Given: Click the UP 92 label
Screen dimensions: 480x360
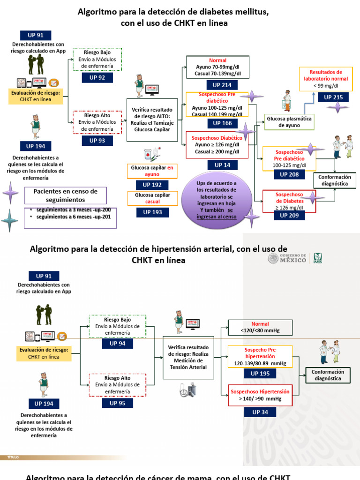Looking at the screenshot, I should pyautogui.click(x=97, y=77).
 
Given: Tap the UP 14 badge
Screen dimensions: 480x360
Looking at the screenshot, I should pyautogui.click(x=218, y=165).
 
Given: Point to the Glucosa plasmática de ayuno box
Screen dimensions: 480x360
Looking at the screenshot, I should pyautogui.click(x=289, y=122).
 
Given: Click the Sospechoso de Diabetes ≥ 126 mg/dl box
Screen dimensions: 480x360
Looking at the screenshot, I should pyautogui.click(x=289, y=201).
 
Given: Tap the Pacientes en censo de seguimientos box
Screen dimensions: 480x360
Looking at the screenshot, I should pyautogui.click(x=65, y=195).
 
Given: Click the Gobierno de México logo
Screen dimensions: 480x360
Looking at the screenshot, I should pyautogui.click(x=287, y=258).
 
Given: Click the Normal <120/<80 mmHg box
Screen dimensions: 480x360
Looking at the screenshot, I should pyautogui.click(x=260, y=327).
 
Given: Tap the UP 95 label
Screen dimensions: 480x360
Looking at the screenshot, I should pyautogui.click(x=117, y=403).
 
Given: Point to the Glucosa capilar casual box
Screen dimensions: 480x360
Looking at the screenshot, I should pyautogui.click(x=152, y=198).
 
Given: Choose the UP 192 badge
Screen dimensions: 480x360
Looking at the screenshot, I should pyautogui.click(x=152, y=185).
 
